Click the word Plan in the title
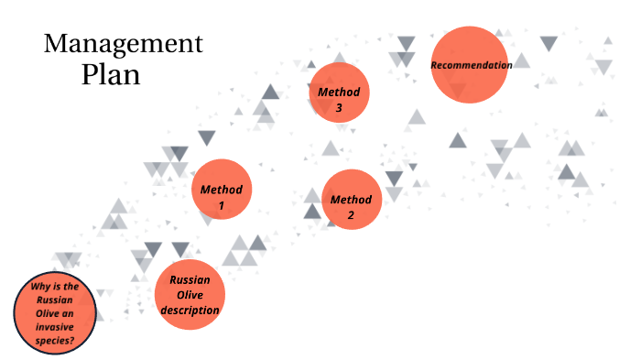111,73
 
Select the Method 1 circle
221,189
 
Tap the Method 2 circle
351,199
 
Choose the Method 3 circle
339,92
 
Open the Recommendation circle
470,64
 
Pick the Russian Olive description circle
190,295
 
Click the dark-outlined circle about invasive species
55,313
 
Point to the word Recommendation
471,65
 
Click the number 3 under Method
339,107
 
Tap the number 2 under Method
351,215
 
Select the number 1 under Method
221,205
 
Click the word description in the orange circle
190,311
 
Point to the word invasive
55,327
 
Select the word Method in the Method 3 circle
339,92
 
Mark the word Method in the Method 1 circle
221,190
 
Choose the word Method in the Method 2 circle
351,200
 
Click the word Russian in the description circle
190,279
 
